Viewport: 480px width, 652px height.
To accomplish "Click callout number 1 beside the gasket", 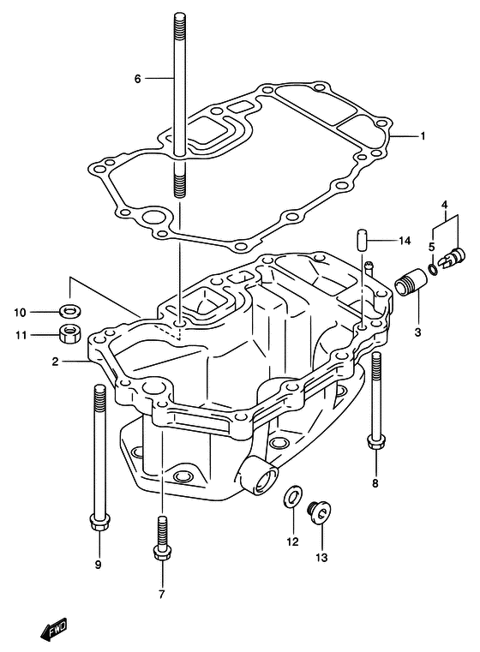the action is click(423, 135).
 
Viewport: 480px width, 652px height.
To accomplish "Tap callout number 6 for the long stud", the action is click(138, 78).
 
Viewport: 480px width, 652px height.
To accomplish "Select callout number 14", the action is click(405, 241).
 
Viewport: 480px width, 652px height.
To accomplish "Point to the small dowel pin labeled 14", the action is click(362, 239).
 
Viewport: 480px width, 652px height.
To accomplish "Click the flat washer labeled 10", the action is click(70, 311).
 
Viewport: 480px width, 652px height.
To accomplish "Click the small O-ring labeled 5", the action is click(433, 269).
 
